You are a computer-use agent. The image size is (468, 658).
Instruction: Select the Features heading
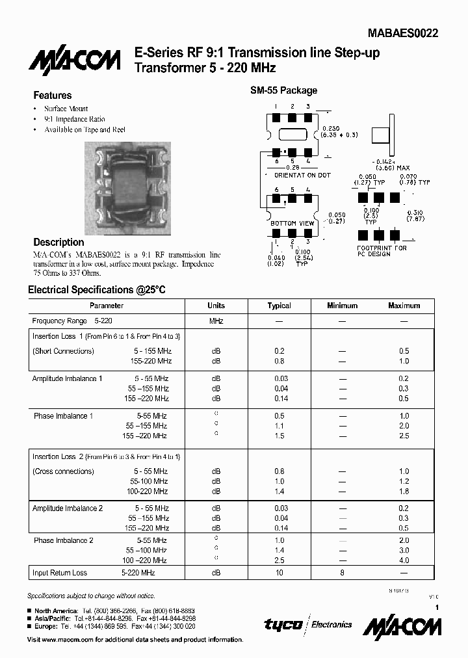52,96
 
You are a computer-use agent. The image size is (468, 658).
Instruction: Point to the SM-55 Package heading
284,90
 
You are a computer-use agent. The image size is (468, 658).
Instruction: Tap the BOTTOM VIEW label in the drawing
292,223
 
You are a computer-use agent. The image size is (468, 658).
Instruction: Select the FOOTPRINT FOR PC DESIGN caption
382,251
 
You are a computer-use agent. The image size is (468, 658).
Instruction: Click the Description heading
58,242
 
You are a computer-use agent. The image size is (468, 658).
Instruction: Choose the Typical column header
279,306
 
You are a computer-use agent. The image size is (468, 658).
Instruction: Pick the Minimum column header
342,306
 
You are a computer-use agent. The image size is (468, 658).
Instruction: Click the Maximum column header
404,306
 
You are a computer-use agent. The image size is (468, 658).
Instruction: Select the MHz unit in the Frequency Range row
216,321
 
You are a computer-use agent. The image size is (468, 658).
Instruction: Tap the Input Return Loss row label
60,573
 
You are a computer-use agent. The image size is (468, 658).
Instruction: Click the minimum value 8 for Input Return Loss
342,573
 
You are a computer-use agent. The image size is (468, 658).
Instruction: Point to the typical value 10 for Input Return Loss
279,573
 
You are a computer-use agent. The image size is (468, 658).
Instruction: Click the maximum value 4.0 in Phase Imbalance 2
404,560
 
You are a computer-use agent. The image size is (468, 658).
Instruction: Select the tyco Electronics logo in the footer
307,624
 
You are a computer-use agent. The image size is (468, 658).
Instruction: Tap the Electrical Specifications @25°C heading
97,290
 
